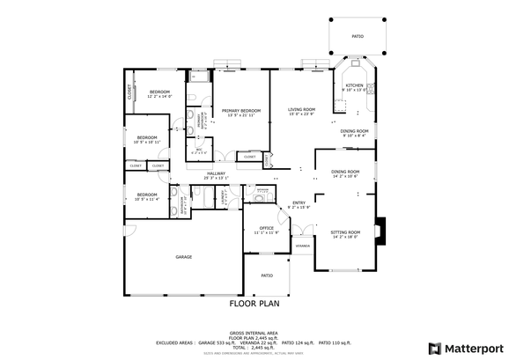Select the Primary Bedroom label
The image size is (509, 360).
point(241,111)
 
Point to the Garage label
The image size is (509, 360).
point(183,257)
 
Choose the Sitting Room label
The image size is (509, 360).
point(345,232)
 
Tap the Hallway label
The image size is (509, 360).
point(217,173)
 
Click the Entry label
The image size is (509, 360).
point(299,203)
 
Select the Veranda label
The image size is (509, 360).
point(302,246)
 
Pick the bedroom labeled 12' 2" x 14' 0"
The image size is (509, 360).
point(159,92)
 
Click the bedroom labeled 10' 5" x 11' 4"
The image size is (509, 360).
point(146,195)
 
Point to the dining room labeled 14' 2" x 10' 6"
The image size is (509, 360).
point(345,172)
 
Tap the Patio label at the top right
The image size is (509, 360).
point(358,36)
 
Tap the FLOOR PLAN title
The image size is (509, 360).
point(254,304)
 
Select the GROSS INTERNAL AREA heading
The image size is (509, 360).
point(254,332)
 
